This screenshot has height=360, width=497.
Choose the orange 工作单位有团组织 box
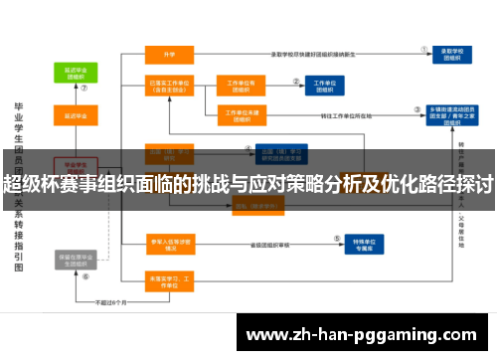244,87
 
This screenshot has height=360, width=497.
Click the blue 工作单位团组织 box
323,87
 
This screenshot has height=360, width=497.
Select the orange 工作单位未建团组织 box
244,114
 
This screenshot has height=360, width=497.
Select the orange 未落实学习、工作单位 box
169,279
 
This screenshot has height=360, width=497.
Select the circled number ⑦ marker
84,88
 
